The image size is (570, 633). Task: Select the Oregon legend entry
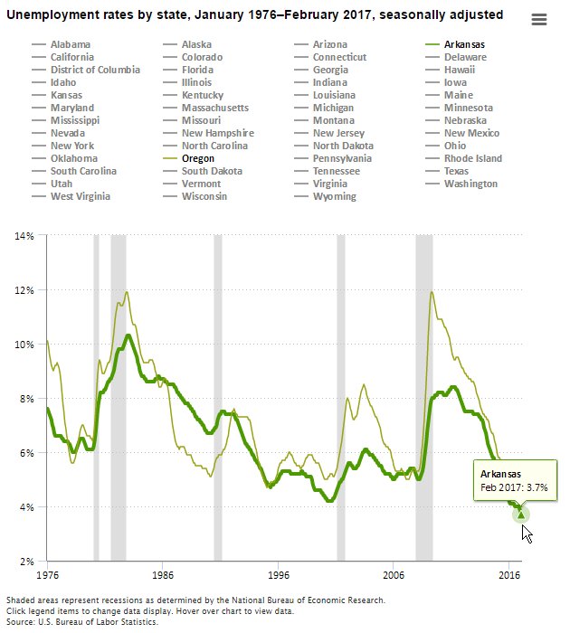[x=197, y=158]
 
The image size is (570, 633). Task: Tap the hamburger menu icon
[x=539, y=21]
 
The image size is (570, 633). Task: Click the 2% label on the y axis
[x=25, y=562]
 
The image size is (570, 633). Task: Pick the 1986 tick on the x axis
[x=162, y=574]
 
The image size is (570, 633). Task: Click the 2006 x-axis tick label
[x=394, y=574]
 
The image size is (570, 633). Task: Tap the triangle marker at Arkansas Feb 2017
[x=520, y=515]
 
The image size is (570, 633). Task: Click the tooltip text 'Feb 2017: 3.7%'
[x=513, y=487]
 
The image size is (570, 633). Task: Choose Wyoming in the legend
[x=334, y=196]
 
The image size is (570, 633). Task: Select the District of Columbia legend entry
[x=95, y=70]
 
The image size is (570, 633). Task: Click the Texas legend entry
[x=456, y=171]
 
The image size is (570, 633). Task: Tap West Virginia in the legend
[x=81, y=196]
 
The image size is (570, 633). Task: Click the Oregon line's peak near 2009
[x=432, y=291]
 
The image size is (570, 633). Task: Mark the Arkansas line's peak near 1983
[x=128, y=335]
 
